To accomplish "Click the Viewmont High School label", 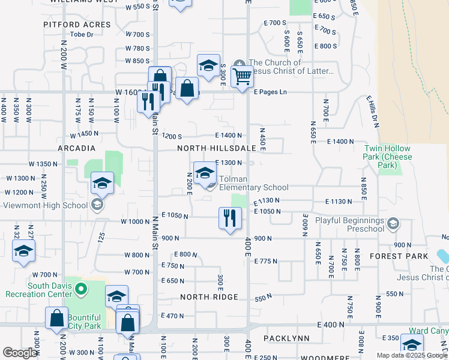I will (x=46, y=205).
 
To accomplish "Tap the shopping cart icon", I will (x=242, y=76).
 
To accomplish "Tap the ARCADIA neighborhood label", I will (x=76, y=148).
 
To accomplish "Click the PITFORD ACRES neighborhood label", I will (x=77, y=25).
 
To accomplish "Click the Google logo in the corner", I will (x=20, y=353).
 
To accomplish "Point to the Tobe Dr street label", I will (x=82, y=34).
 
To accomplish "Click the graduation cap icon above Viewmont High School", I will (x=103, y=183).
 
